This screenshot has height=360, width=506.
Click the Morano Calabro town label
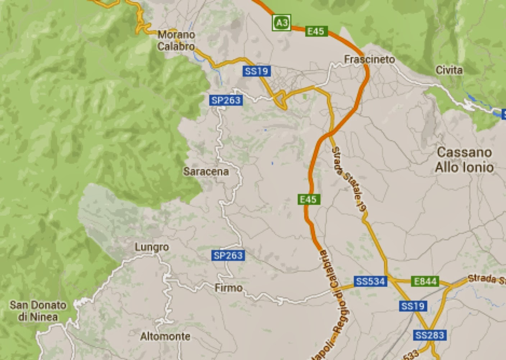[x=176, y=40]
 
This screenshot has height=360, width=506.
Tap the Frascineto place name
[x=369, y=59]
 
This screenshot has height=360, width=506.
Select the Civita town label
[x=449, y=70]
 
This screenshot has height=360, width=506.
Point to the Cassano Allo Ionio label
[x=464, y=160]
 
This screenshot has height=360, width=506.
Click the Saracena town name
[x=206, y=171]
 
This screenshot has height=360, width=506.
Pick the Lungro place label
[x=151, y=247]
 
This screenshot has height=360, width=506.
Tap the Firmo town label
[x=228, y=288]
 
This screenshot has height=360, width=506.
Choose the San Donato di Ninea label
[x=38, y=311]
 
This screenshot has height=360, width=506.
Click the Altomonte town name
[x=165, y=336]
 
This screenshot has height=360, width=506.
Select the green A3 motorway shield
[x=281, y=23]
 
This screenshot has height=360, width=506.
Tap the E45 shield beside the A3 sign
[x=315, y=31]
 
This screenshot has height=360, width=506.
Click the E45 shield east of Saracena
[x=309, y=199]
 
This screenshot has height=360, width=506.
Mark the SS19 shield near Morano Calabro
[x=256, y=71]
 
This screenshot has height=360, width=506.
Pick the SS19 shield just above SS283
[x=413, y=306]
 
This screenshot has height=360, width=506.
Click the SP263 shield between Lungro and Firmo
[x=228, y=255]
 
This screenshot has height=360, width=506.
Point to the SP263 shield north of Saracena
[x=226, y=100]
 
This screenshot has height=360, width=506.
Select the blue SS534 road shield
[x=370, y=281]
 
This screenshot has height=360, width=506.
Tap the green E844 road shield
[x=425, y=281]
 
